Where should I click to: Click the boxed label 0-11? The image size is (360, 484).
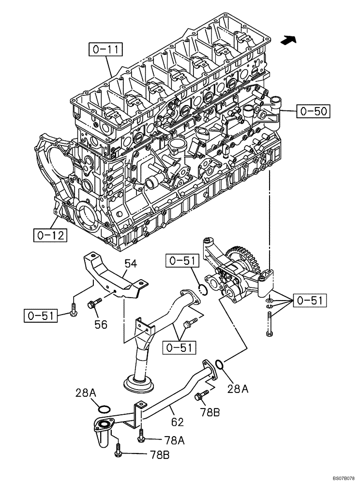(105, 49)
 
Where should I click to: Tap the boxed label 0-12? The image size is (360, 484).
(50, 235)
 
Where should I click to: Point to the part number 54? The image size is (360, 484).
(131, 264)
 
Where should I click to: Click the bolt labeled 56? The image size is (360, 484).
(93, 304)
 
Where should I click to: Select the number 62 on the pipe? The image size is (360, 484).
(177, 422)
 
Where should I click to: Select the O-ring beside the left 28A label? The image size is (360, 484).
(103, 407)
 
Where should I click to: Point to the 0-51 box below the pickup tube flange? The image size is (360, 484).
(179, 347)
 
